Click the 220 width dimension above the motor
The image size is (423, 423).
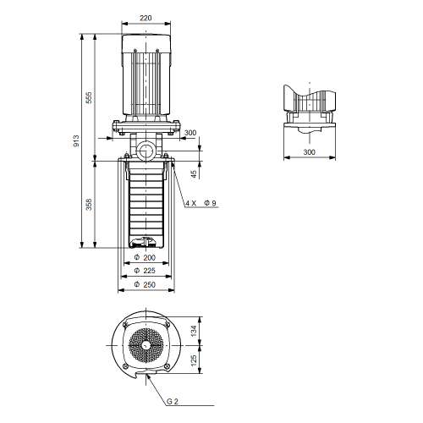[x=146, y=18]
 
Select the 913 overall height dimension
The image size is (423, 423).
[x=76, y=141]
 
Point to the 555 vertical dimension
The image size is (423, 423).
[x=89, y=97]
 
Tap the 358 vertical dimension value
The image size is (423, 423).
[x=89, y=205]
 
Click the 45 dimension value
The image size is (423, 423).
[x=194, y=174]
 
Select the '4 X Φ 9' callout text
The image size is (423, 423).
[x=201, y=203]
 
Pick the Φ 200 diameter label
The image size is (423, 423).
[x=145, y=257]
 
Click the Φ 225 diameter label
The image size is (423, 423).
[x=145, y=271]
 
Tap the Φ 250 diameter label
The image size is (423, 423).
[x=145, y=284]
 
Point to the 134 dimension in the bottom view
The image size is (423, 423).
[x=194, y=331]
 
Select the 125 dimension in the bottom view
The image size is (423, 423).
[x=194, y=360]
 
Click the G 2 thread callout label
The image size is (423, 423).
[x=173, y=401]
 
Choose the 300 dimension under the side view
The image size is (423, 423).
[x=309, y=152]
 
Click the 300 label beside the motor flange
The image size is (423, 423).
[x=190, y=133]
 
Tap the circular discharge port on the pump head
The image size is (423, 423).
[x=146, y=151]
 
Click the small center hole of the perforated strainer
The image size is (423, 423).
[x=146, y=345]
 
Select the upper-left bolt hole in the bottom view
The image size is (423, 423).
[x=125, y=325]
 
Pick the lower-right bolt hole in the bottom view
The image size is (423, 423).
[x=167, y=366]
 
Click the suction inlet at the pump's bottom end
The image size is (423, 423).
[x=146, y=243]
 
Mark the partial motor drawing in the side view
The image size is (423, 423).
[x=310, y=101]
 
